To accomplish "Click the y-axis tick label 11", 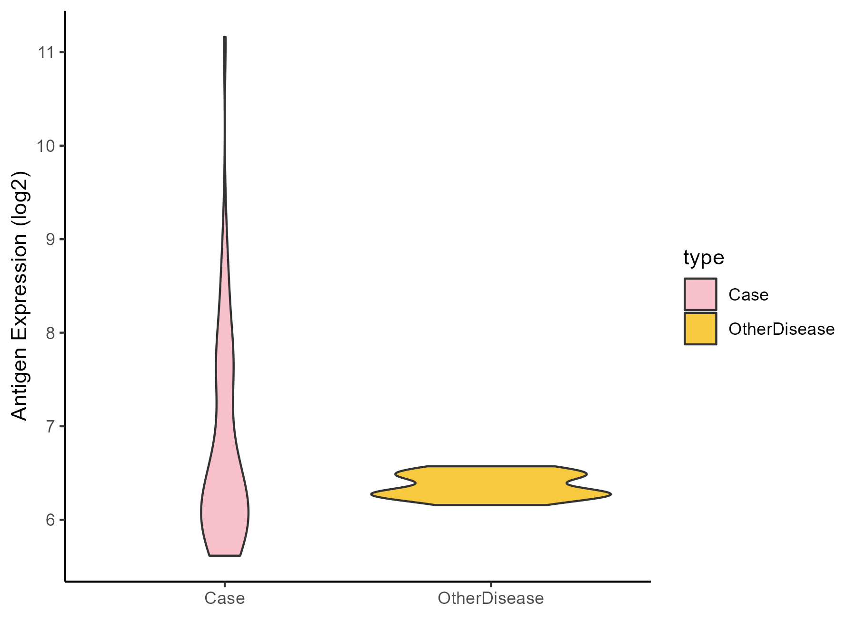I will (x=46, y=52).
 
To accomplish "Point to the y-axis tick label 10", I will (x=46, y=145).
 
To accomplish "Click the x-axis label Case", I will (x=224, y=598).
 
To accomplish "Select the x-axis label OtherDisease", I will (x=490, y=598).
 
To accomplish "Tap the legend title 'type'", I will (x=703, y=258).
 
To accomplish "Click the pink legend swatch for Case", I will (x=700, y=294).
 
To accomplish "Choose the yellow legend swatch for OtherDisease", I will (x=700, y=329).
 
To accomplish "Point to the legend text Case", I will (x=748, y=295).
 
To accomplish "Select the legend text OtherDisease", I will (x=781, y=329).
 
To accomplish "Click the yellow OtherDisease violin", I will (x=490, y=486).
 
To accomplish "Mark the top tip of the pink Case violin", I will (x=225, y=37).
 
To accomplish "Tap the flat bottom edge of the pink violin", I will (x=225, y=555).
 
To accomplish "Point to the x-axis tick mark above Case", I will (x=225, y=584).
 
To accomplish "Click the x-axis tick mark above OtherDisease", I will (x=491, y=584).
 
